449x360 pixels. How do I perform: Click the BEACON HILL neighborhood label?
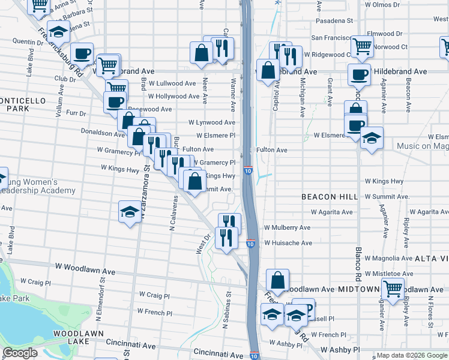(x=330, y=197)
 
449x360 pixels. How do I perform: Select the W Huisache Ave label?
(x=286, y=243)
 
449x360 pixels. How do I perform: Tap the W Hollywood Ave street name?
(x=173, y=96)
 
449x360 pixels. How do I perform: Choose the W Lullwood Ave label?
(x=172, y=83)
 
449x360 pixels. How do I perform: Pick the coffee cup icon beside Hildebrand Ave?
(x=360, y=74)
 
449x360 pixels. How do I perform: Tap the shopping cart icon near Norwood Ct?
(x=362, y=45)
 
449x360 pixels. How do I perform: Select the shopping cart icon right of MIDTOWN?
(x=393, y=288)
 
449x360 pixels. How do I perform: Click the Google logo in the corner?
(x=20, y=353)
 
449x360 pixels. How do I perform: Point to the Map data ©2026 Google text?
(x=411, y=355)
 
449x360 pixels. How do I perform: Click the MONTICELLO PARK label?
(x=19, y=103)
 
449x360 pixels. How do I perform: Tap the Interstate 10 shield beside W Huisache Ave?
(x=250, y=244)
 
